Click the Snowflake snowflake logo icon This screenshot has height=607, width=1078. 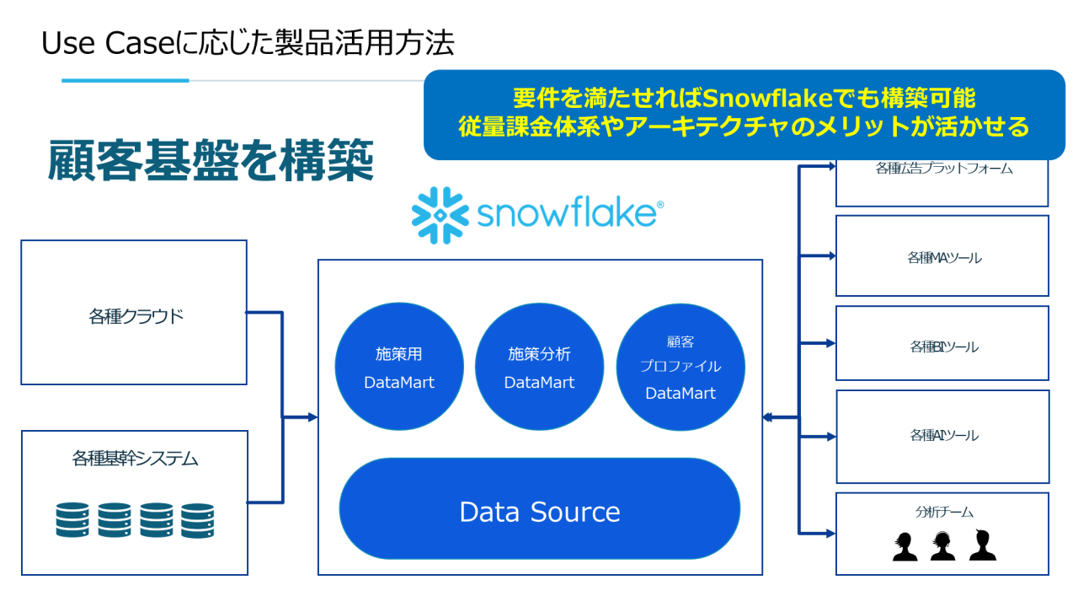pos(440,215)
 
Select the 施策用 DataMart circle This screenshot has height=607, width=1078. pos(399,368)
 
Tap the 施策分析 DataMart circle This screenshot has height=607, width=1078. pos(539,368)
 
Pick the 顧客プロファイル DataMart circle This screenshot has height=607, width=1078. pos(680,368)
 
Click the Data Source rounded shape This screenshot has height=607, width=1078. pos(539,512)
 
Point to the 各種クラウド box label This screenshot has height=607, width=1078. pos(136,317)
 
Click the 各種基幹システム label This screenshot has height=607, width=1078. pos(135,459)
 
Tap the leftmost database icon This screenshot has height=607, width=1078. pos(72,520)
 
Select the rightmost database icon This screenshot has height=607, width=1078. pos(197,520)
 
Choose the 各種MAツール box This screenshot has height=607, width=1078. pos(942,256)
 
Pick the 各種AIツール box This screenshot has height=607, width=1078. pos(942,435)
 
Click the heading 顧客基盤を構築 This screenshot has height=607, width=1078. pos(211,162)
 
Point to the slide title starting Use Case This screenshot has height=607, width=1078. pos(248,43)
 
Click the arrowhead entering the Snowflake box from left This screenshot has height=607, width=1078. pos(312,416)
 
